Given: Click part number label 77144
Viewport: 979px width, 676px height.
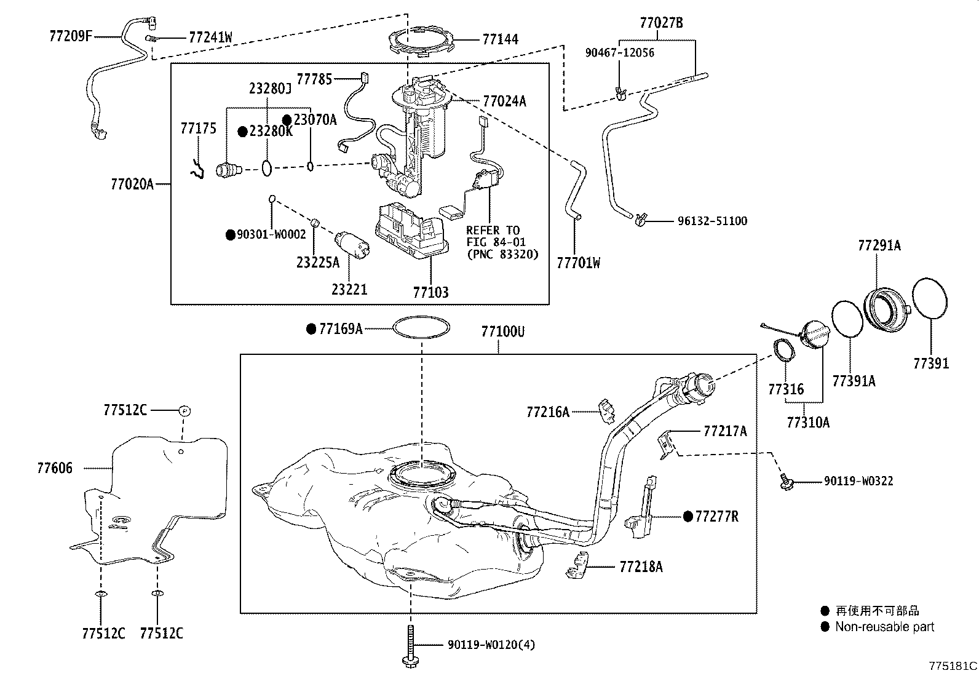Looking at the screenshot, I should pos(500,39).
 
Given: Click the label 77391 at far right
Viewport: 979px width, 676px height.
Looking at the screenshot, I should pos(930,364).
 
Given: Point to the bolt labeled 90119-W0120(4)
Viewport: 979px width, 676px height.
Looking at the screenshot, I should pos(410,646).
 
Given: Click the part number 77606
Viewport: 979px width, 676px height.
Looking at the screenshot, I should pos(54,468).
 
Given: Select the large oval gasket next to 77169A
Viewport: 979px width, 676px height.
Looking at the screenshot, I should pos(422,327).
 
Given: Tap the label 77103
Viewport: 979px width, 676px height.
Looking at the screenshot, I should pos(430,292).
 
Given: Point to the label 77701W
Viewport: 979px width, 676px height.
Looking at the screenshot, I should pos(578,263).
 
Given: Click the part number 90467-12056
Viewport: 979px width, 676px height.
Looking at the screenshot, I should pos(619,53).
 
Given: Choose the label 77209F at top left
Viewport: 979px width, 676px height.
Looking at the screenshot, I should pos(70,36).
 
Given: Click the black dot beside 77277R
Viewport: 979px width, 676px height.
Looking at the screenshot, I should pos(688,516).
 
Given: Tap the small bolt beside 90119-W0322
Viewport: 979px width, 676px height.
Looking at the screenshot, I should pos(786,482).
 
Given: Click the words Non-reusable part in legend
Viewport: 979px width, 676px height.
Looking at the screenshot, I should pos(884,627).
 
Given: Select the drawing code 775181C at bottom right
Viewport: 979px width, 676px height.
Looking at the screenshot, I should pos(953,666).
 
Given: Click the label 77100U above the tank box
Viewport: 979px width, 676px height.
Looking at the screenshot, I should pos(502,332).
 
